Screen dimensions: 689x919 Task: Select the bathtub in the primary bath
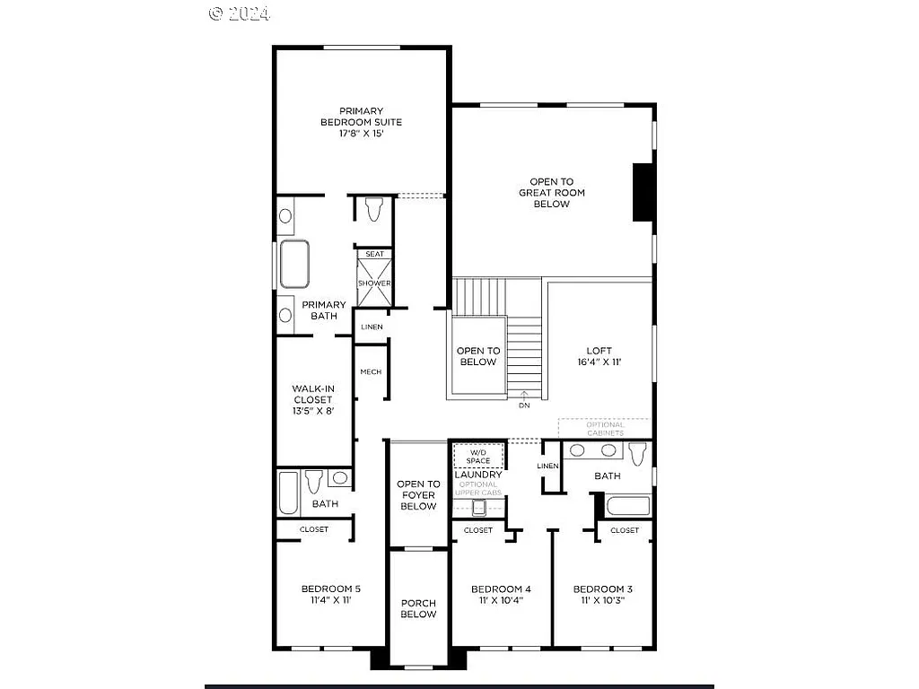293,263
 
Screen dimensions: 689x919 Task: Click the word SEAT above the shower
374,254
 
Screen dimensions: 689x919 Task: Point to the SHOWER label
374,283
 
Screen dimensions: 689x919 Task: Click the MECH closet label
371,371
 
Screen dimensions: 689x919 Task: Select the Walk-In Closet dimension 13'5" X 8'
312,411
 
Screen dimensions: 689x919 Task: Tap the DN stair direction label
524,405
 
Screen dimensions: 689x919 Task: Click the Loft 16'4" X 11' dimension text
599,362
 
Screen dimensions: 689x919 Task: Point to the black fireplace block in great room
642,192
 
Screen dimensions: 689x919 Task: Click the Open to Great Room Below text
551,193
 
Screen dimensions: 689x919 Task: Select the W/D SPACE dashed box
478,456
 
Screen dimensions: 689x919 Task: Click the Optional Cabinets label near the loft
606,428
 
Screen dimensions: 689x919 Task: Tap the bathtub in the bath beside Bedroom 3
627,505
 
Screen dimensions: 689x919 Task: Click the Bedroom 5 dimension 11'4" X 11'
330,600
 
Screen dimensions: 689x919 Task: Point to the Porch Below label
418,608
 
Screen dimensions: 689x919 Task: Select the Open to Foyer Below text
418,495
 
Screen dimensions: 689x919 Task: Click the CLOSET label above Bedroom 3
625,530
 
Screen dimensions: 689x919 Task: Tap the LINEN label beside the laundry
547,467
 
